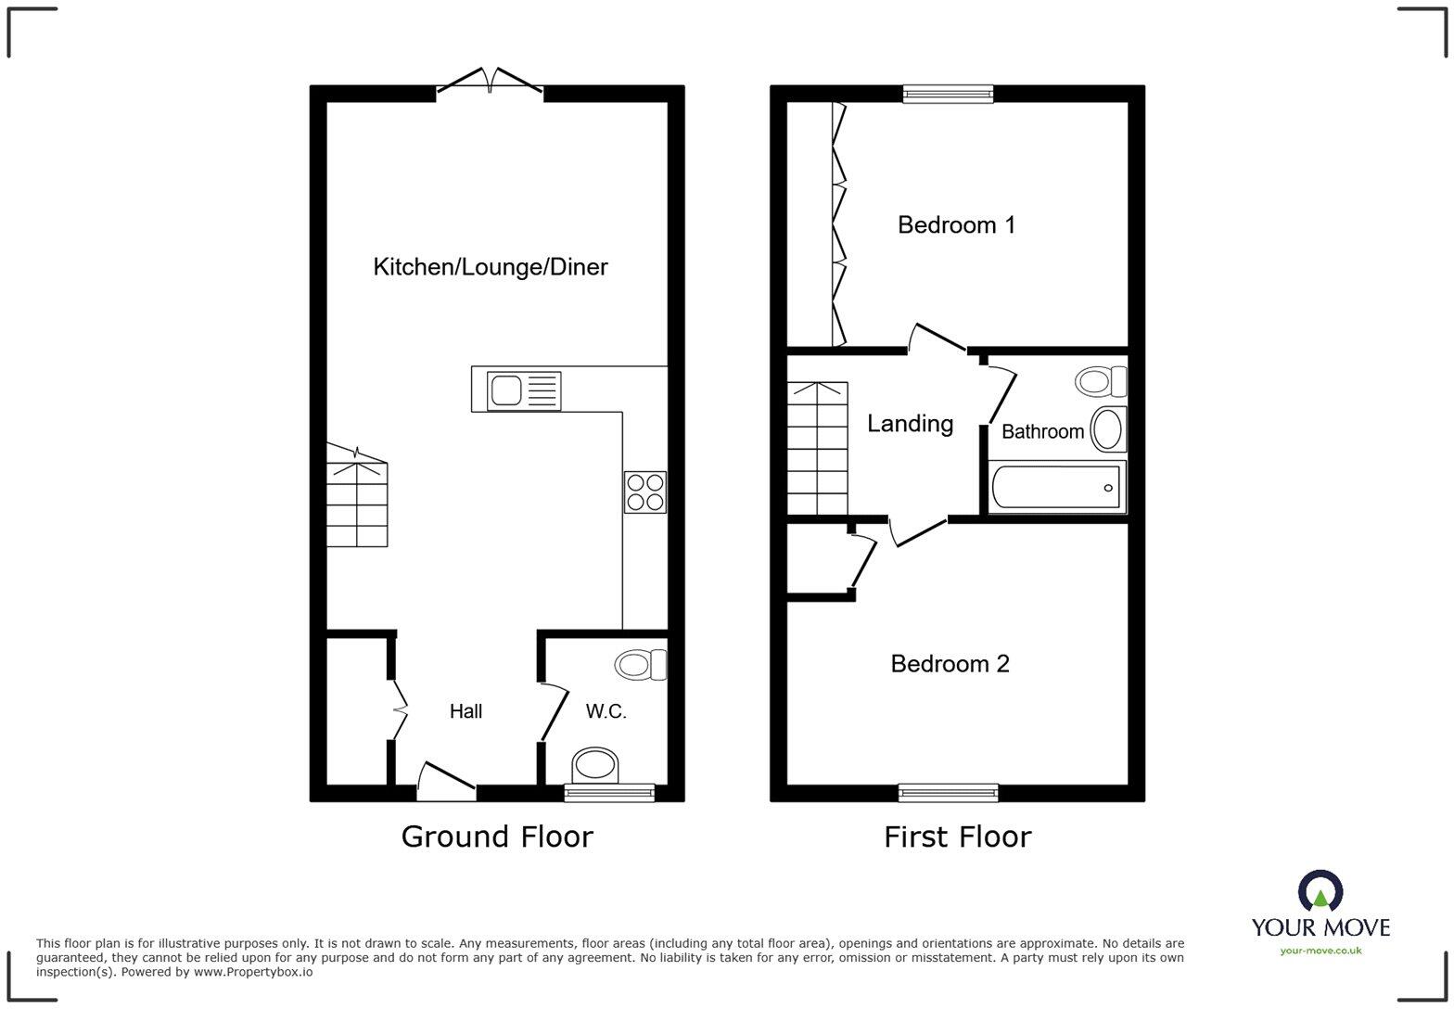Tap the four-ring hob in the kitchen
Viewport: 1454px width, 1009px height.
pyautogui.click(x=645, y=492)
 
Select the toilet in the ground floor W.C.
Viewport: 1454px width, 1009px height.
pyautogui.click(x=641, y=665)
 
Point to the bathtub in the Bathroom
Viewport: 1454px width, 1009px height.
pyautogui.click(x=1056, y=487)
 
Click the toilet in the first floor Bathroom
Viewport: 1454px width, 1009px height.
pyautogui.click(x=1101, y=381)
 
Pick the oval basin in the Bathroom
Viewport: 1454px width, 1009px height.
pyautogui.click(x=1108, y=428)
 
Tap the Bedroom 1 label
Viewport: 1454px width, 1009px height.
pyautogui.click(x=956, y=224)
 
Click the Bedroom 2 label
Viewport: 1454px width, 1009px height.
pyautogui.click(x=950, y=664)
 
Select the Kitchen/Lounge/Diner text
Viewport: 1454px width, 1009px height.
pyautogui.click(x=490, y=267)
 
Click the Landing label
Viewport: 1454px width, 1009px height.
pyautogui.click(x=910, y=424)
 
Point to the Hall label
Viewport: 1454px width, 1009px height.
pyautogui.click(x=466, y=711)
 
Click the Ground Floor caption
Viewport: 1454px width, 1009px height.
pyautogui.click(x=496, y=837)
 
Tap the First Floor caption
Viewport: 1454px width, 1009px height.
pyautogui.click(x=957, y=837)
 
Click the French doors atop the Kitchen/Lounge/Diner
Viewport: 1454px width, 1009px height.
pyautogui.click(x=490, y=83)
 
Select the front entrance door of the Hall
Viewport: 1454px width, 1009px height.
pyautogui.click(x=446, y=784)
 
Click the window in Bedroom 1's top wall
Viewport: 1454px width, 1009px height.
pyautogui.click(x=948, y=93)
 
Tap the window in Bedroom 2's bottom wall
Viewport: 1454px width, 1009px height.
pyautogui.click(x=948, y=793)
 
